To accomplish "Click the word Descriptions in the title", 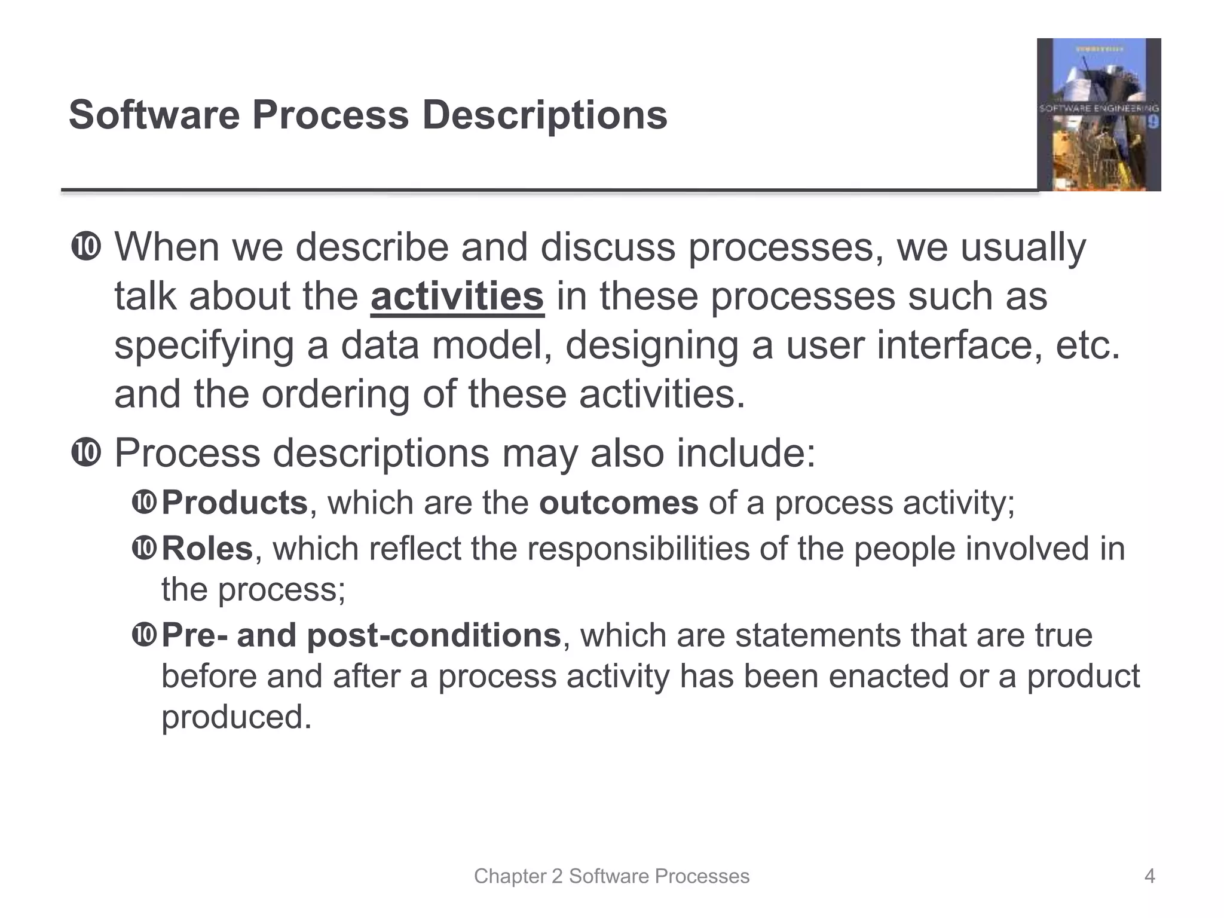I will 544,115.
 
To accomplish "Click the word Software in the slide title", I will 154,115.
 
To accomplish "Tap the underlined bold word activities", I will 457,296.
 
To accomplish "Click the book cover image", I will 1098,115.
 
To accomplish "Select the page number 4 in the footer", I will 1149,876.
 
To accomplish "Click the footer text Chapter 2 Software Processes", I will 611,876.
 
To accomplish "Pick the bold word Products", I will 234,503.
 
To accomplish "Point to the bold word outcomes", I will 619,503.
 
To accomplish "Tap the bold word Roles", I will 207,549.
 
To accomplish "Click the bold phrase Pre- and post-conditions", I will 361,635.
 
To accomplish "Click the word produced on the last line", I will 236,717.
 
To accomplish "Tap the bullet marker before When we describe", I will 86,247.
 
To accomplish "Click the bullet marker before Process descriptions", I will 86,453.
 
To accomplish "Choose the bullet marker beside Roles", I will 144,548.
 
